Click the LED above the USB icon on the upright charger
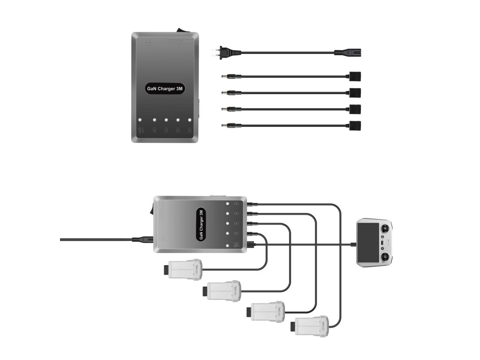click(x=142, y=120)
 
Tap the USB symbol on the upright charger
click(x=142, y=130)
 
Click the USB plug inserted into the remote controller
click(x=352, y=244)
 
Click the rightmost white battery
click(x=310, y=325)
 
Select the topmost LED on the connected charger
click(x=227, y=204)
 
